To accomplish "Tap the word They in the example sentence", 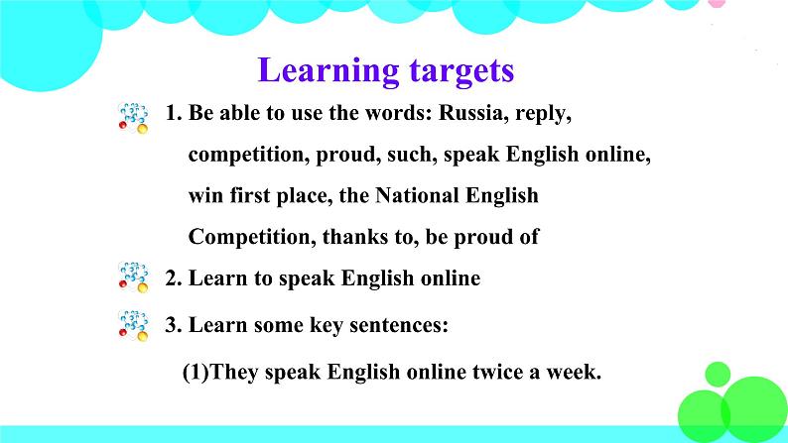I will [x=236, y=373].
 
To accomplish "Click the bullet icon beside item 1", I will [x=133, y=116].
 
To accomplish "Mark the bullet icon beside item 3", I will [x=133, y=323].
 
